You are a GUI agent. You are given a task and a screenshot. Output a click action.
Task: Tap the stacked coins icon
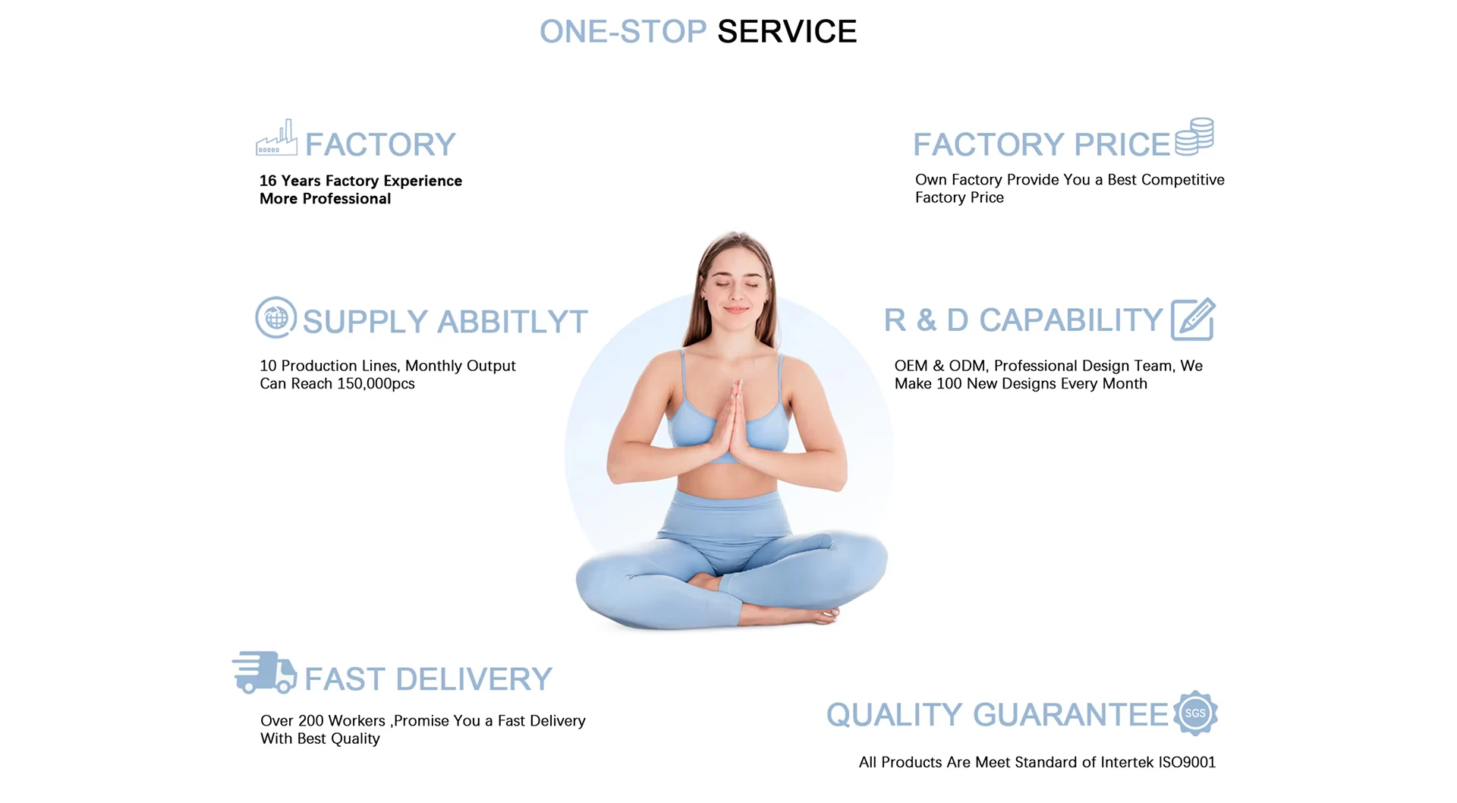1194,137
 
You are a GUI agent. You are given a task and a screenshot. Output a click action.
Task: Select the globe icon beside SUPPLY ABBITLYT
276,317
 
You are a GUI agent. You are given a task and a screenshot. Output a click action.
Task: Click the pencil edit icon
1192,320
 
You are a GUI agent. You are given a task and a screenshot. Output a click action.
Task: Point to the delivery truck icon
264,672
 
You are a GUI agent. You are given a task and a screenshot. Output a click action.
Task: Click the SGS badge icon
1195,713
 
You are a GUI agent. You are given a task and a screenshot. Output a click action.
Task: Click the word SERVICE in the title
787,32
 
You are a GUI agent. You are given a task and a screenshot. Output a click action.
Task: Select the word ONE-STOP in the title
623,32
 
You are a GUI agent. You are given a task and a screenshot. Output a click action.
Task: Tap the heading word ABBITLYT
512,322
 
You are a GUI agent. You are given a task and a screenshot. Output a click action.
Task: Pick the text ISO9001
1187,763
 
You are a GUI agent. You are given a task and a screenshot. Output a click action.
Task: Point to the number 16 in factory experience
268,181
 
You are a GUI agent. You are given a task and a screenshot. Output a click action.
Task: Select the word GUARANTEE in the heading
1071,715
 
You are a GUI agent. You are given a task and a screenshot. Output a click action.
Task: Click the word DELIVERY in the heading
474,679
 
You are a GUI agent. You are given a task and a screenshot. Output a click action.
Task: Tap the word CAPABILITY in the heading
1071,320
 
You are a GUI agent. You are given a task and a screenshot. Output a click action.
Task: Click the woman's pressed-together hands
733,425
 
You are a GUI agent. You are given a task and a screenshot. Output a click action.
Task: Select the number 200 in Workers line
311,721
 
